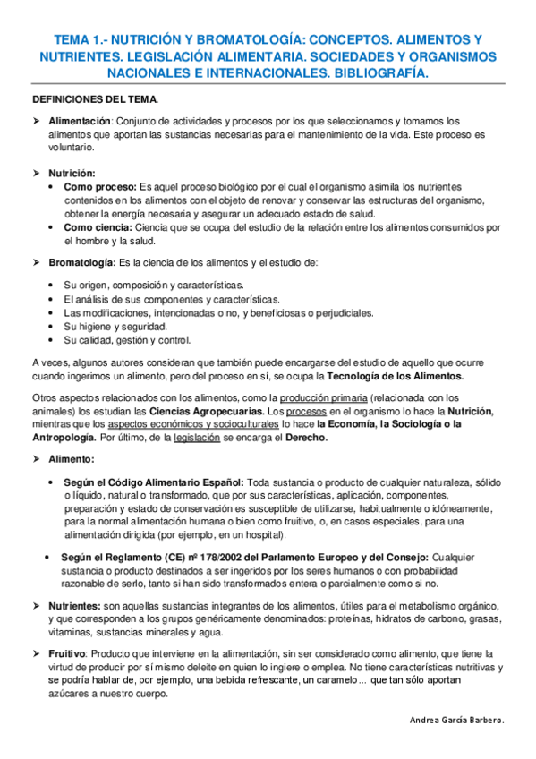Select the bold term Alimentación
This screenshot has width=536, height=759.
(x=80, y=120)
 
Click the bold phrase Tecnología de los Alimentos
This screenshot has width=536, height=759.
(x=400, y=377)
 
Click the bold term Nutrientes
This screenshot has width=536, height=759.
(x=74, y=606)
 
